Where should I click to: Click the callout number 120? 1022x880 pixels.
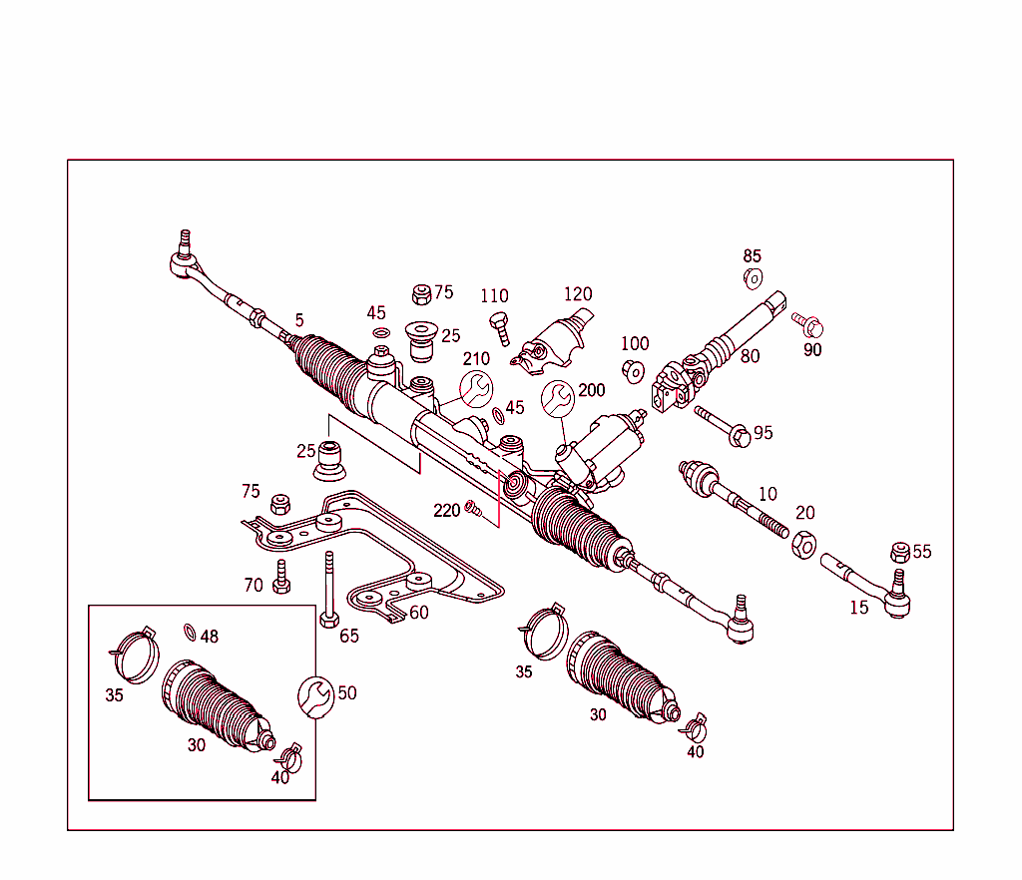point(578,294)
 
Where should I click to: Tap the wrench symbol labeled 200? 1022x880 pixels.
point(557,398)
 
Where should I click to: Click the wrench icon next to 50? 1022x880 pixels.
point(314,695)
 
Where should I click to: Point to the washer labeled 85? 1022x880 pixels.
point(754,277)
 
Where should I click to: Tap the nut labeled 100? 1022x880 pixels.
point(632,371)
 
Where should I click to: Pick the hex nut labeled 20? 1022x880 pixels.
point(803,544)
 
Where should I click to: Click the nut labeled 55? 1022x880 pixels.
point(899,552)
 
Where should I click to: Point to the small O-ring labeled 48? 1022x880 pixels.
point(190,631)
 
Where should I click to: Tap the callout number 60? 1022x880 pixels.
point(418,612)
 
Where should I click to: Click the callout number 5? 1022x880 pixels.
point(298,320)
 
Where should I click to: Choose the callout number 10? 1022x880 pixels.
point(766,494)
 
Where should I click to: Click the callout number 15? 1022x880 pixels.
point(859,607)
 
